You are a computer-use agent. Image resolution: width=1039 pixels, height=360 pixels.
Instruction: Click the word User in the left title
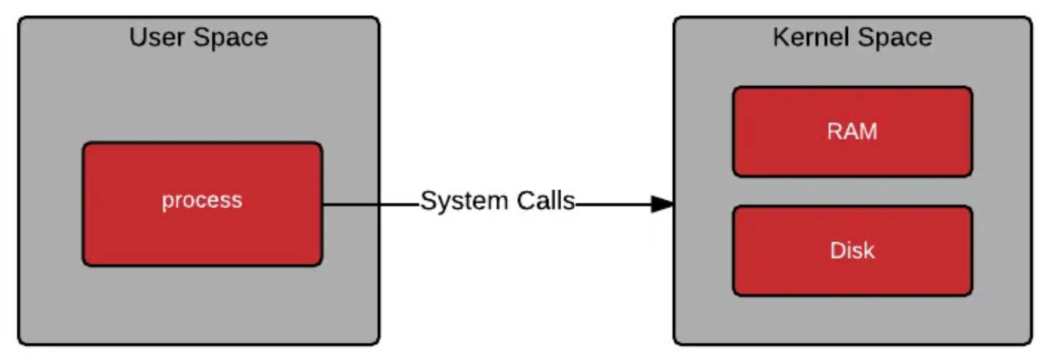[157, 37]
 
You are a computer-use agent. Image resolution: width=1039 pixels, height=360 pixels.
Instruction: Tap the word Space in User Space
[230, 37]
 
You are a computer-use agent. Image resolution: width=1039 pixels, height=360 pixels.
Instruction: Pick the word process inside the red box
[202, 200]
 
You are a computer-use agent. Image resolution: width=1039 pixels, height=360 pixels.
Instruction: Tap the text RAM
[852, 131]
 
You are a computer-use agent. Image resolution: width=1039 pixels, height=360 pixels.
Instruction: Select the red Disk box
[852, 276]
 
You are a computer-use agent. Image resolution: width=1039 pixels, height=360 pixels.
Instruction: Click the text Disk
[852, 251]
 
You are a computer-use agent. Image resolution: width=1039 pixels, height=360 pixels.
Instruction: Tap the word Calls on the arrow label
[546, 201]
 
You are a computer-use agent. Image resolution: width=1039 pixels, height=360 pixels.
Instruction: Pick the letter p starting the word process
[168, 202]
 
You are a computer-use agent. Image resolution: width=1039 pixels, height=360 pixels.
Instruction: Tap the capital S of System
[429, 201]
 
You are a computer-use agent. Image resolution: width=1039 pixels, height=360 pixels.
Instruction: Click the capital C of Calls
[526, 201]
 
